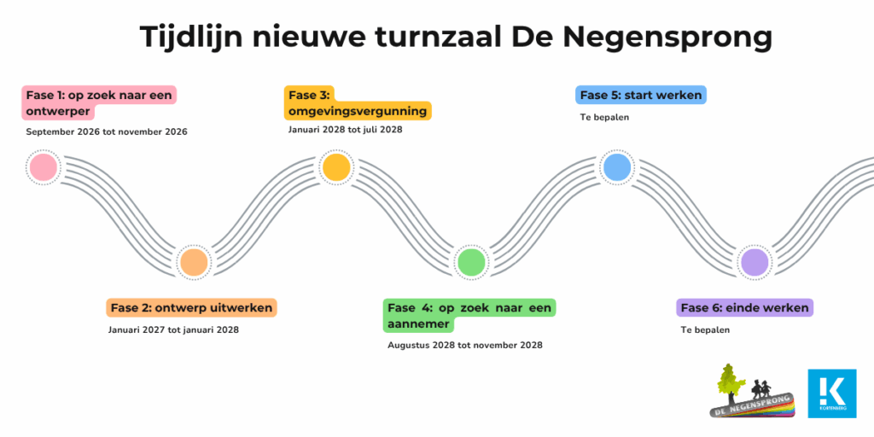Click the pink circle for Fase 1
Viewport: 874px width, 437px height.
point(43,167)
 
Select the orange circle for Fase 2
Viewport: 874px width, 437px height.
point(194,262)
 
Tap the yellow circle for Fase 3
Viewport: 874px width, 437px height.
point(336,167)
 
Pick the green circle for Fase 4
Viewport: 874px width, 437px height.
point(470,262)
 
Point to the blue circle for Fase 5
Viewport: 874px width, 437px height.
point(617,167)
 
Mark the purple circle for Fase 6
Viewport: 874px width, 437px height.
point(755,262)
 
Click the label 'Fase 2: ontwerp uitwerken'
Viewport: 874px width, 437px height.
point(191,307)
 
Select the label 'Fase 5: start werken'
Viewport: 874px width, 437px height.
point(641,95)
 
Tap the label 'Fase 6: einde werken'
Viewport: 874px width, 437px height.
point(744,307)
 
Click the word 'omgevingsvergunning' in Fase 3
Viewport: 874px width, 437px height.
point(358,112)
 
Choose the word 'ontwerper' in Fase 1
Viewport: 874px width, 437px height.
point(58,112)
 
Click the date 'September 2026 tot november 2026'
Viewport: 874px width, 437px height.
point(107,132)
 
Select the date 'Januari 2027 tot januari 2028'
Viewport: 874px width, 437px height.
point(173,329)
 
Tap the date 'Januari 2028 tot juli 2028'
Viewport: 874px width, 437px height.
point(345,130)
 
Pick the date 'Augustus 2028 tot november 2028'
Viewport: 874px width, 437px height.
point(465,345)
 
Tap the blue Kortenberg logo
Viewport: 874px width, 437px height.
point(831,393)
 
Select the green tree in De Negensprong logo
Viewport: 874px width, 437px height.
point(728,383)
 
